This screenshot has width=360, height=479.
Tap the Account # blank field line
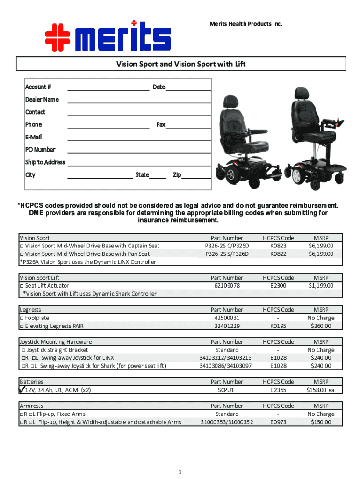pyautogui.click(x=108, y=90)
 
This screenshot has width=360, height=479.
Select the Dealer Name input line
pyautogui.click(x=139, y=102)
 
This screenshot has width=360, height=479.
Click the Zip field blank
pyautogui.click(x=196, y=178)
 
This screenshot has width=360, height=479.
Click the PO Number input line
pyautogui.click(x=139, y=152)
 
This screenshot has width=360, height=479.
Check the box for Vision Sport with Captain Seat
pyautogui.click(x=22, y=246)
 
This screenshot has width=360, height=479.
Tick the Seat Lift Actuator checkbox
pyautogui.click(x=22, y=286)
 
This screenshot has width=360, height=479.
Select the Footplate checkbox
pyautogui.click(x=22, y=318)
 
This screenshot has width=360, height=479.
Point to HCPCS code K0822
pyautogui.click(x=278, y=254)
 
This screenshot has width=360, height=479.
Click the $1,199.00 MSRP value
pyautogui.click(x=321, y=286)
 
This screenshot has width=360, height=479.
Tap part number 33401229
pyautogui.click(x=227, y=326)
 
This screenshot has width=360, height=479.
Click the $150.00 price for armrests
pyautogui.click(x=321, y=422)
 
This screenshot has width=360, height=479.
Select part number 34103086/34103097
pyautogui.click(x=226, y=366)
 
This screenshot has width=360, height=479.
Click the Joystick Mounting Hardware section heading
pyautogui.click(x=56, y=342)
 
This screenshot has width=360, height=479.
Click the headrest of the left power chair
pyautogui.click(x=232, y=102)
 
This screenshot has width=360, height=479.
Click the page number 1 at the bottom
pyautogui.click(x=180, y=472)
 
